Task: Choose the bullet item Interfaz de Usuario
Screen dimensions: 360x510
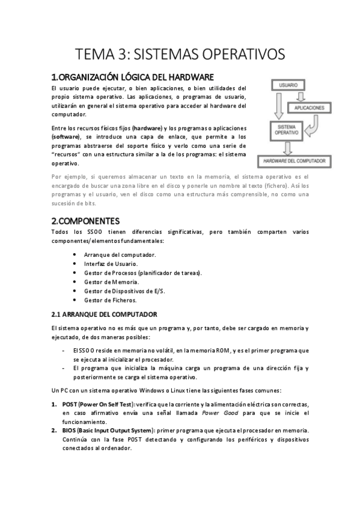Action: tap(111, 263)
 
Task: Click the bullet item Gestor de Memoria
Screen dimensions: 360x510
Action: tap(111, 281)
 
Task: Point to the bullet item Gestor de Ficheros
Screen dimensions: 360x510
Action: tap(111, 300)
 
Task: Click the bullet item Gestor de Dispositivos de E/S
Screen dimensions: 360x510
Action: tap(124, 290)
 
